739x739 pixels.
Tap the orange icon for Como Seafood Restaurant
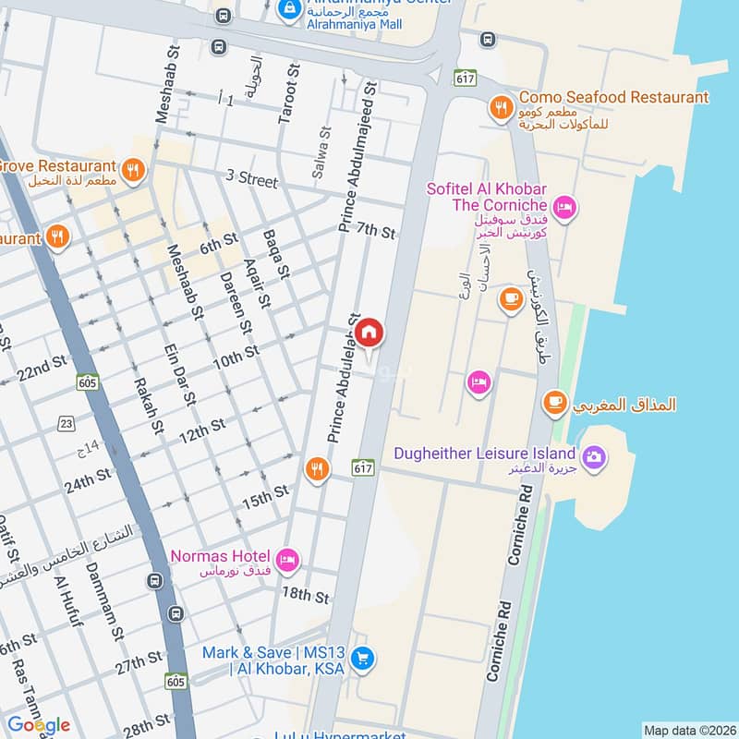coord(501,108)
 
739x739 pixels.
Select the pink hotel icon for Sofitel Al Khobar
coord(566,207)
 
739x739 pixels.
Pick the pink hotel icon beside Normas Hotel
coord(287,558)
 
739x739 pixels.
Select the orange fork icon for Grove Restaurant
coord(133,170)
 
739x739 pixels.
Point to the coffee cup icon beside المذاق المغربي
coord(554,402)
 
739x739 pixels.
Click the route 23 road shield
coord(66,423)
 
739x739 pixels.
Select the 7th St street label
coord(376,232)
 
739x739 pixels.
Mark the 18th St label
coord(306,596)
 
